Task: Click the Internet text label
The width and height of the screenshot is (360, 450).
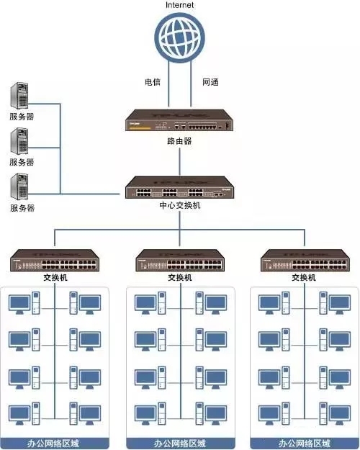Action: click(x=179, y=5)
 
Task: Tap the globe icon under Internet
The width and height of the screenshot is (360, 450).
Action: click(x=179, y=39)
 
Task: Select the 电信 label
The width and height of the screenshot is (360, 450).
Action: click(x=153, y=82)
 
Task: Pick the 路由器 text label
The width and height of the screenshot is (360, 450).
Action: click(x=180, y=141)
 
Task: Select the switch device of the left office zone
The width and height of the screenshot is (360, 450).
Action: click(x=56, y=260)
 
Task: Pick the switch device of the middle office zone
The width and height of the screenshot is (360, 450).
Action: click(x=180, y=260)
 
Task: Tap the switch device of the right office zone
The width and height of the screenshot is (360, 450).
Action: click(x=304, y=260)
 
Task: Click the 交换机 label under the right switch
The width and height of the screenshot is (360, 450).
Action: click(x=304, y=277)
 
